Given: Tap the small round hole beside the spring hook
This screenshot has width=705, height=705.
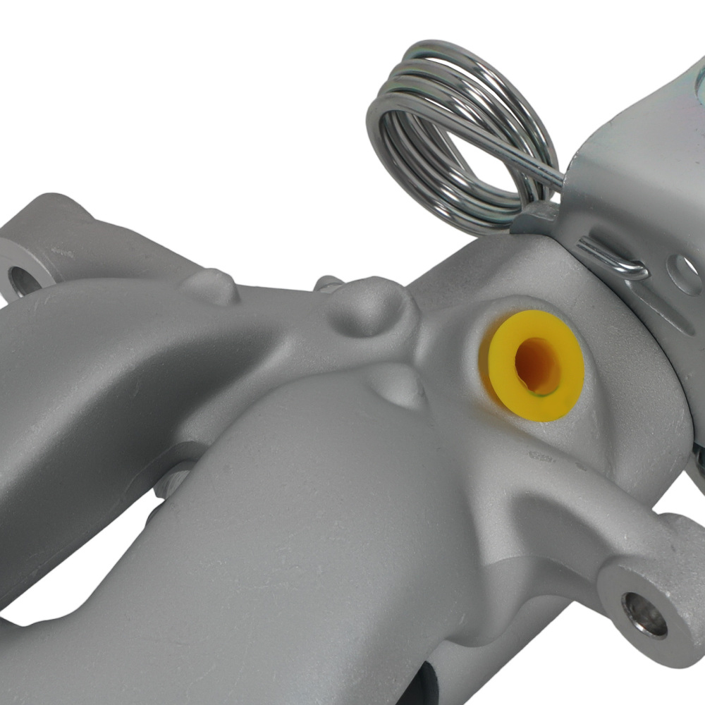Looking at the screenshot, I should point(687,271).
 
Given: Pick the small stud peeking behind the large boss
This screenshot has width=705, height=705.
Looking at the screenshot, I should point(326,283).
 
